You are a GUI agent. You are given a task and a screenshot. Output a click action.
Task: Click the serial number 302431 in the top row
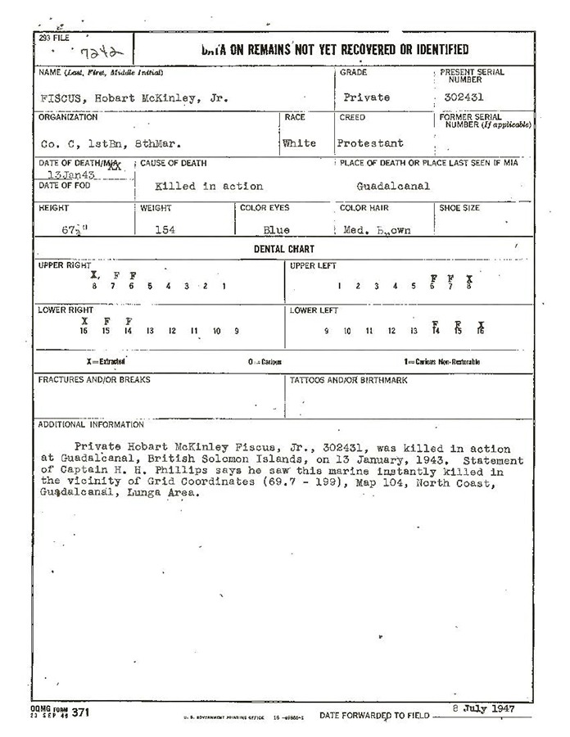[x=456, y=97]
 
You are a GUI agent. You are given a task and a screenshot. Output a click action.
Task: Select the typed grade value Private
[x=366, y=97]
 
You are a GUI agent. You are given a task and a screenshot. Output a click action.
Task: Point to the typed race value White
[x=299, y=143]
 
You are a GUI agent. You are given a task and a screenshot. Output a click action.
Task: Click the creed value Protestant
[x=370, y=143]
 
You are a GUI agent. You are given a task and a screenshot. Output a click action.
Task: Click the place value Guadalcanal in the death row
[x=393, y=187]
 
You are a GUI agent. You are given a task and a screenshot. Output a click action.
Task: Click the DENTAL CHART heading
[x=283, y=249]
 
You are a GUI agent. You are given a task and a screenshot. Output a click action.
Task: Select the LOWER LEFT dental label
[x=314, y=310]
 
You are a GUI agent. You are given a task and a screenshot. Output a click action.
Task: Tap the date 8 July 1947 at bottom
[x=483, y=708]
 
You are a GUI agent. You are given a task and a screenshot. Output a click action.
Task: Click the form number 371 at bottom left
[x=80, y=712]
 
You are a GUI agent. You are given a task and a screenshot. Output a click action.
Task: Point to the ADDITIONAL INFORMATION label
[x=91, y=424]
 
